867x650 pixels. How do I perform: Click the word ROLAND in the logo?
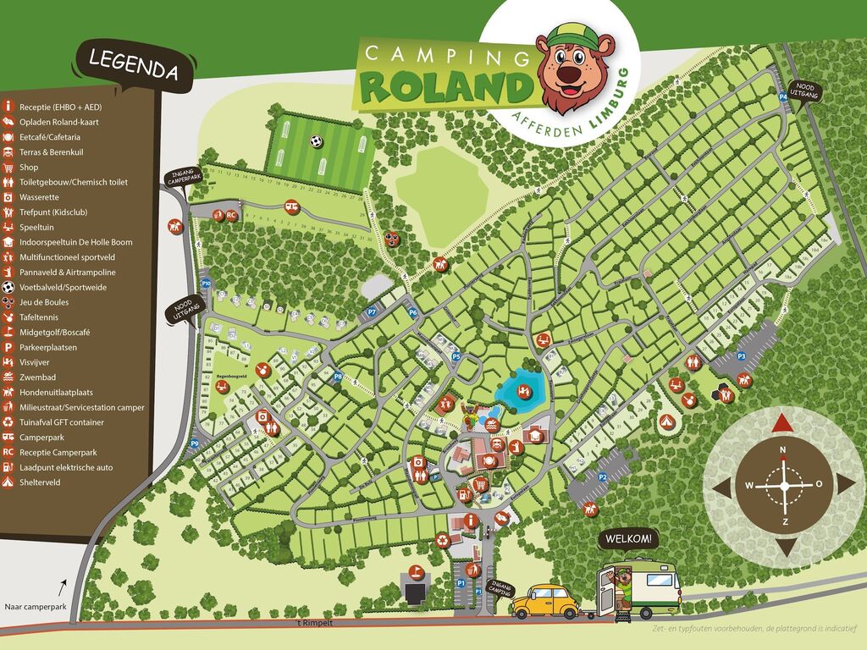pos(445,85)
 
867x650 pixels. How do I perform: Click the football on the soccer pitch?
pos(317,141)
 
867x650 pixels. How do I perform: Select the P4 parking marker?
pos(783,97)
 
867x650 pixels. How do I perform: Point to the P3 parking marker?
pos(741,356)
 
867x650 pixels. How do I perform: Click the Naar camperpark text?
pos(36,606)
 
